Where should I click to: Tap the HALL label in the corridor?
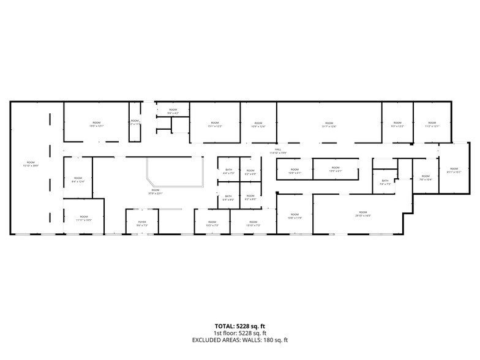(x=277, y=149)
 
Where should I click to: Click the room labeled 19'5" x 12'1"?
(x=96, y=126)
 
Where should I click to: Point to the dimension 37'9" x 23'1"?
(x=155, y=194)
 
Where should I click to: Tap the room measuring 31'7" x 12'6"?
(x=329, y=126)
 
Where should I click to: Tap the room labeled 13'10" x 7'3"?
(x=253, y=225)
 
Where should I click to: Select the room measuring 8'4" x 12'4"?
(x=78, y=181)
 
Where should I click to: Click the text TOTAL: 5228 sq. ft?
(x=239, y=326)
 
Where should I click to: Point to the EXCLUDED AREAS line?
(x=239, y=340)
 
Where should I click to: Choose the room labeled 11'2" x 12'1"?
(x=432, y=126)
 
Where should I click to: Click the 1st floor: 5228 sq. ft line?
(x=239, y=333)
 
